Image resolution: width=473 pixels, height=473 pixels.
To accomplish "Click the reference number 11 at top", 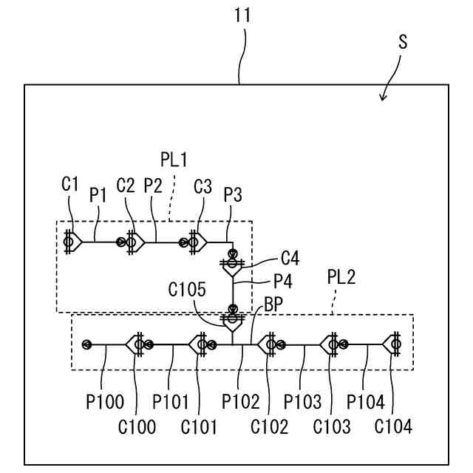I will pos(242,16).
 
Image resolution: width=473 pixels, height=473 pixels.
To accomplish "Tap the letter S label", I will pos(403,41).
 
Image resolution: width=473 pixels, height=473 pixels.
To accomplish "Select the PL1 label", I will pos(174,159).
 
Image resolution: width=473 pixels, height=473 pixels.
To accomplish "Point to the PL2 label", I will pos(341,277).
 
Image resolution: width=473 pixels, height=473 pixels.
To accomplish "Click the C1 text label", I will pos(70,184).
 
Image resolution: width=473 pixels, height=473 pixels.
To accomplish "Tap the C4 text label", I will pos(290,258).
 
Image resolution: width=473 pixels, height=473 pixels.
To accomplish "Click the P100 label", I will pos(104,402).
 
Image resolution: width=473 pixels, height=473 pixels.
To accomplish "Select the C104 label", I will pos(392,426).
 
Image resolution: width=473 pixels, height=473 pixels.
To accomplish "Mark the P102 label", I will pos(241,402).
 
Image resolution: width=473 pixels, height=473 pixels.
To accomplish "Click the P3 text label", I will pos(233,194).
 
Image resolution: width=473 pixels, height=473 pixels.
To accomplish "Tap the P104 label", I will pos(367,402).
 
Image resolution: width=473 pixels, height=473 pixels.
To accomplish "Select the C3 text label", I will pos(203,185).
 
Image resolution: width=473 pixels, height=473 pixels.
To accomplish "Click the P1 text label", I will pos(99,194).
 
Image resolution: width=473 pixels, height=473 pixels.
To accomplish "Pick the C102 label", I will pos(269,426).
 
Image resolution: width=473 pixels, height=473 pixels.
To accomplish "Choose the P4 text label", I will pos(283,281).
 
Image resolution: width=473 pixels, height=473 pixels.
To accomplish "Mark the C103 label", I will pos(332,426).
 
